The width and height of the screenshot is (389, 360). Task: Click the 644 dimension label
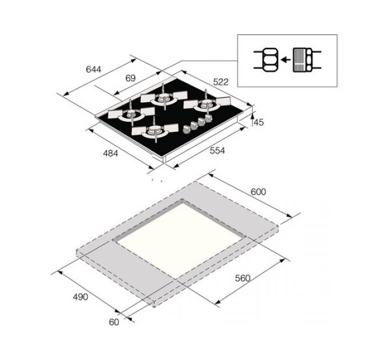[x=93, y=70]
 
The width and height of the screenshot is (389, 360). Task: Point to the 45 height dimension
[x=259, y=122]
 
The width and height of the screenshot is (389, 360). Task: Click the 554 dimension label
[x=217, y=151]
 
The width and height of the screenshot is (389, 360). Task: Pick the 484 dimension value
[x=110, y=153]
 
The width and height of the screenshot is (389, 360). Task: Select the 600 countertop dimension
[x=258, y=192]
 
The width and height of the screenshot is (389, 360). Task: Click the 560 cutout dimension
[x=243, y=278]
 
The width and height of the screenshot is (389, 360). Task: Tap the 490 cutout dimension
[x=80, y=297]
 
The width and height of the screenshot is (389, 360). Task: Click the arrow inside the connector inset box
[x=284, y=60]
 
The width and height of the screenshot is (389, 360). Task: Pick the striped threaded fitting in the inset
[x=302, y=60]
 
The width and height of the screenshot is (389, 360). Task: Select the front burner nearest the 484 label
[x=153, y=133]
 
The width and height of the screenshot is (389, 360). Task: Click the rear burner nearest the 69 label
[x=164, y=98]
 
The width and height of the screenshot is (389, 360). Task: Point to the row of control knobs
[x=196, y=124]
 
